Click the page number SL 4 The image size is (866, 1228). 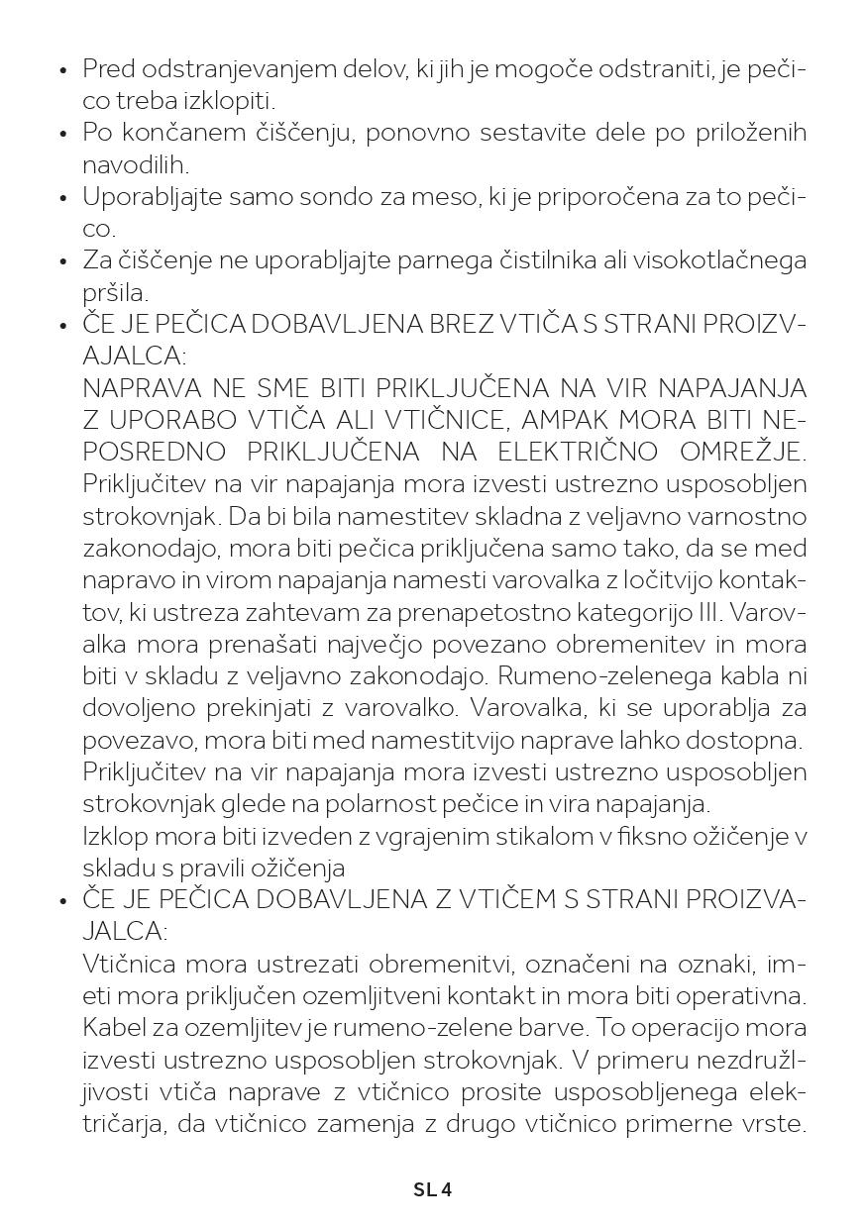click(x=432, y=1189)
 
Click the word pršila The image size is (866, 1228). click(x=115, y=293)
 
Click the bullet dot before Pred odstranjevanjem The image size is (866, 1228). click(x=63, y=70)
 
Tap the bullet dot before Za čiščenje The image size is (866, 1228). click(x=63, y=261)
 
